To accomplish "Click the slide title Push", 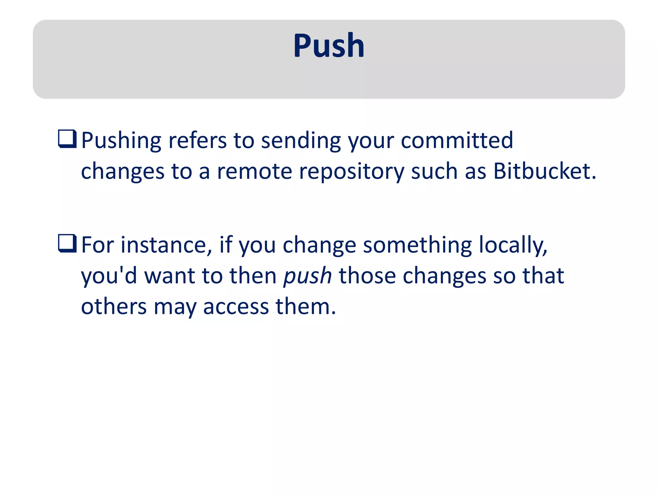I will click(329, 46).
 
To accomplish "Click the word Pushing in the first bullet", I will click(121, 141).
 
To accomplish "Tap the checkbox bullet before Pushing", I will click(67, 139).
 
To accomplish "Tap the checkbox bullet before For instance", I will click(67, 243).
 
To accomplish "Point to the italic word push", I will click(307, 276).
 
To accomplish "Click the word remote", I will click(254, 171).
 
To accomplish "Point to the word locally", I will click(513, 245).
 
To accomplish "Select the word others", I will click(114, 306).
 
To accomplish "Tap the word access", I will click(236, 307).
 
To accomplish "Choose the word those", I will click(367, 276).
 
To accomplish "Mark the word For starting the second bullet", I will click(97, 245).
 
